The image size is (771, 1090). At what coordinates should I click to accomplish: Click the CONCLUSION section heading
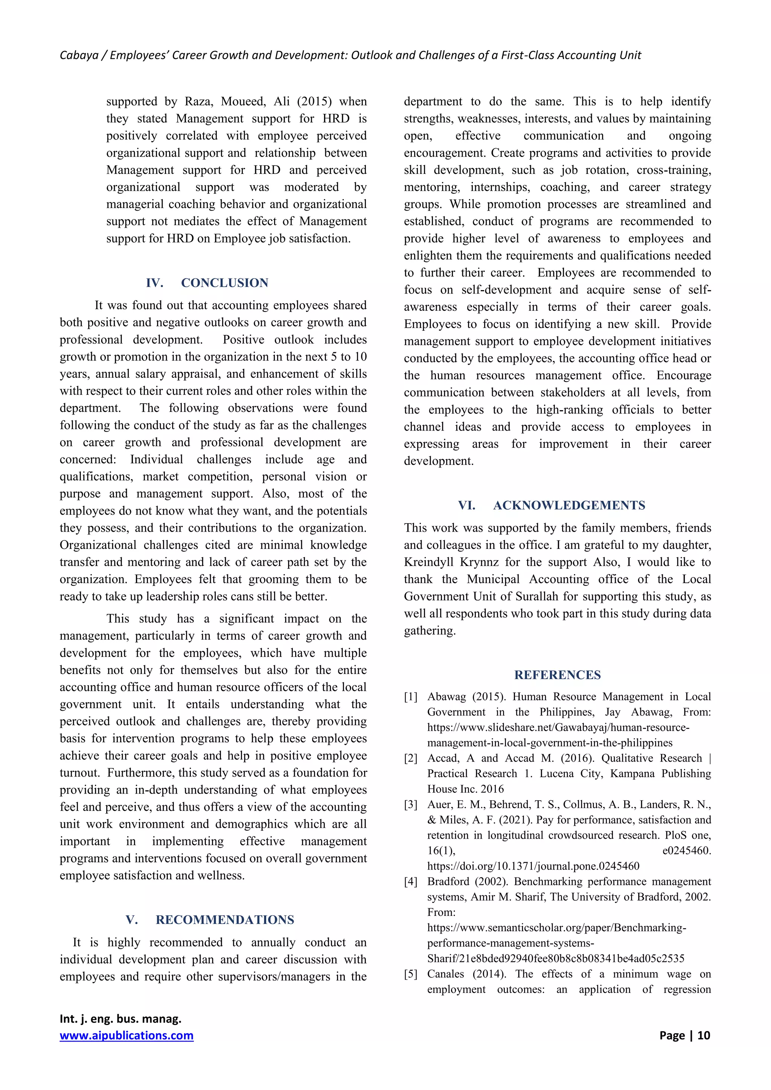224,283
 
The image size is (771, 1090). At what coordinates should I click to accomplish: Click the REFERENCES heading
557,675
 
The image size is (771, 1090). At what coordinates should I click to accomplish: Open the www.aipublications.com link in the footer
126,1035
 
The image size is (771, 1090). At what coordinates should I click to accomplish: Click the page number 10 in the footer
703,1035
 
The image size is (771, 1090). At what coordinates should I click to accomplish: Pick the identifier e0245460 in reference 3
686,851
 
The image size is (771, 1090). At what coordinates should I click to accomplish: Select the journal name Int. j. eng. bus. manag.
120,1019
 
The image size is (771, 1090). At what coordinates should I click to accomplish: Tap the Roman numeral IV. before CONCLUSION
154,283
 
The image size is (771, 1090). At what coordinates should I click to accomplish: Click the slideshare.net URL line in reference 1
558,727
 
